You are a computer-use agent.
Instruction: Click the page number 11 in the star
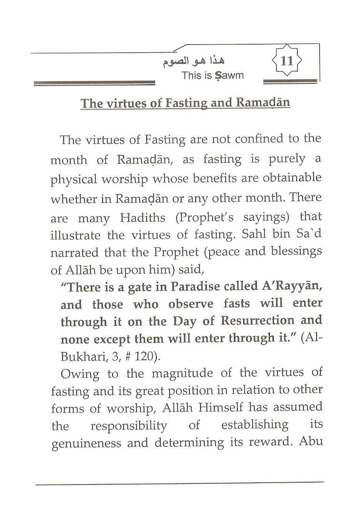coord(287,61)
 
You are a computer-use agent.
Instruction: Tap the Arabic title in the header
coord(193,61)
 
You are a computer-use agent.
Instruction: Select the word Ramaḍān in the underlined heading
coord(263,103)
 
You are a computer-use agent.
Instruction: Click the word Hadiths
coord(142,218)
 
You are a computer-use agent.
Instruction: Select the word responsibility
coord(129,426)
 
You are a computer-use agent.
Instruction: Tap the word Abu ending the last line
coord(311,441)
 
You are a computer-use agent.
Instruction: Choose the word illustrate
coord(75,235)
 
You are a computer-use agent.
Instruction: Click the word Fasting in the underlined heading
coord(186,103)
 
